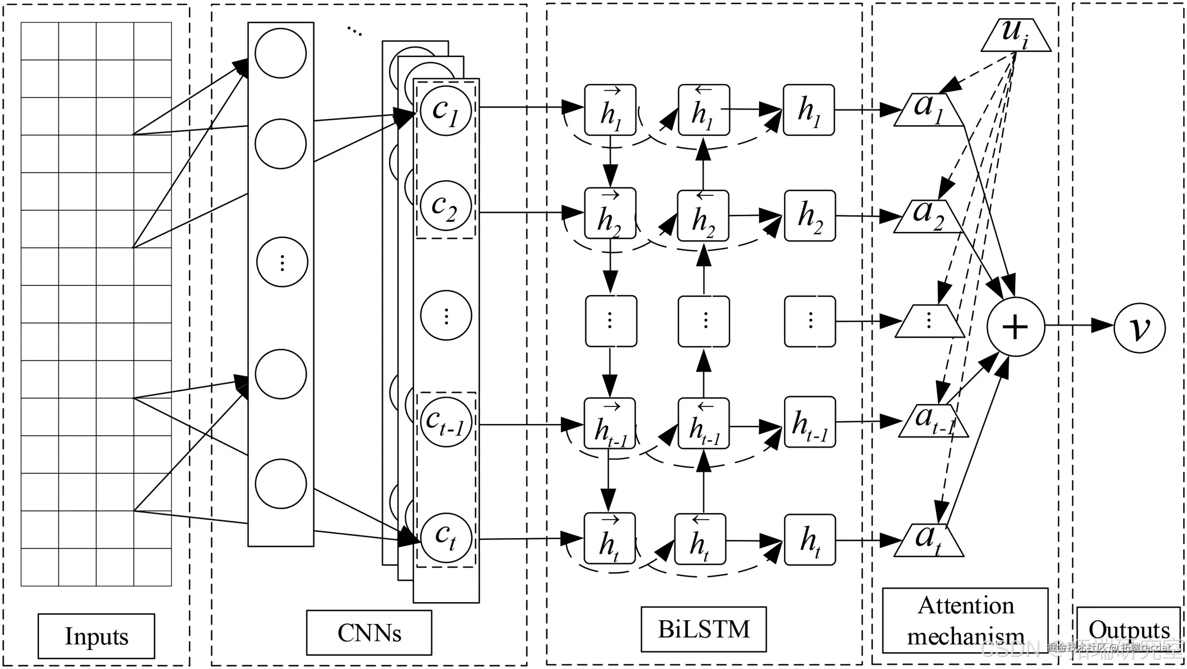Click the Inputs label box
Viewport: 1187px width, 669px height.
pos(96,636)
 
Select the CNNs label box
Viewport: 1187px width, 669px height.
pos(369,633)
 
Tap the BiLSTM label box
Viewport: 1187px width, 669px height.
pos(703,629)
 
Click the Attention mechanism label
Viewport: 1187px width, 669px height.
pos(965,620)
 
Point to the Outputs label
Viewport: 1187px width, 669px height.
pos(1128,630)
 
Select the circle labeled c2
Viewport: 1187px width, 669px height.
pos(446,205)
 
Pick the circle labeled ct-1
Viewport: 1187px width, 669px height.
pos(446,422)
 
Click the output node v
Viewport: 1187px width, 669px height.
pos(1140,327)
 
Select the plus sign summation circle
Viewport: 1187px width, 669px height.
pos(1016,327)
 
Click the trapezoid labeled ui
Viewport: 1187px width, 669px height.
pos(1016,35)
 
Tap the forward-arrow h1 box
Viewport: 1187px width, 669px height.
pos(610,110)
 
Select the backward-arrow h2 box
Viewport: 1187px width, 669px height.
pos(703,215)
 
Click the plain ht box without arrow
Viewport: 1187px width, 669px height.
pos(810,539)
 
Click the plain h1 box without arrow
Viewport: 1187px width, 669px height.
pos(809,110)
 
